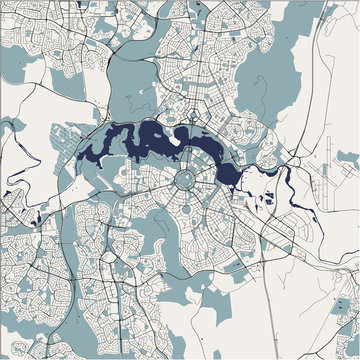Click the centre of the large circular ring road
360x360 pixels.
187,180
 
